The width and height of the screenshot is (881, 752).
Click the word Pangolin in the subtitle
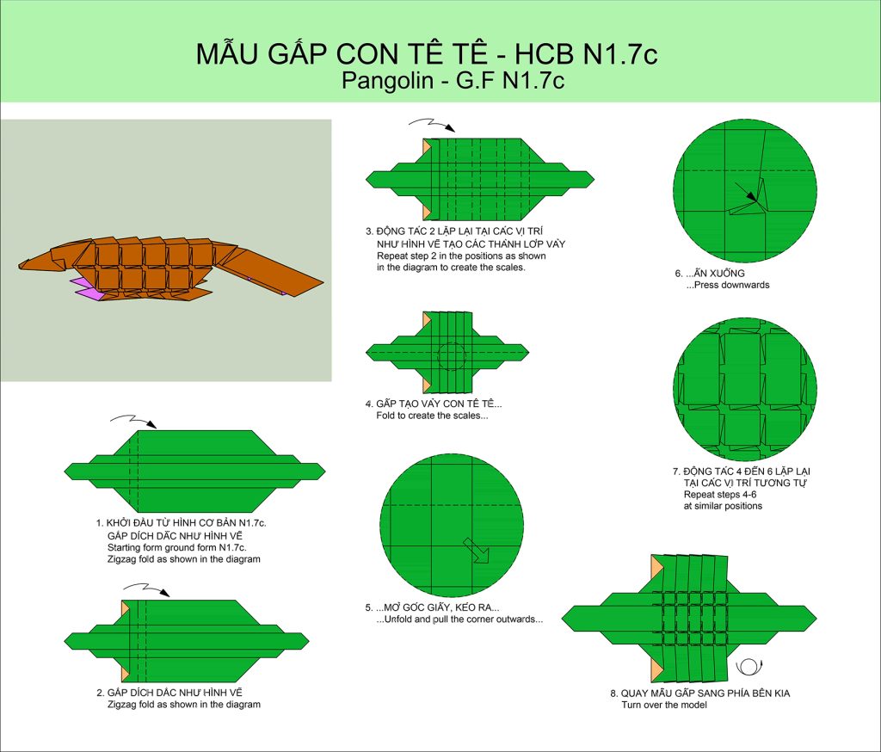tap(387, 80)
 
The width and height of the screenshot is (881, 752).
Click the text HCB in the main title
tap(544, 54)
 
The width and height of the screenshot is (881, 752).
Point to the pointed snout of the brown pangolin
tap(22, 264)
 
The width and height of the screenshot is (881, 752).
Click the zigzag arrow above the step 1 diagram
tap(133, 421)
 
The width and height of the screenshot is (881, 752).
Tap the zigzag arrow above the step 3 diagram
tap(432, 125)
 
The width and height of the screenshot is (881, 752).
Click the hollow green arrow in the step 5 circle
tap(477, 550)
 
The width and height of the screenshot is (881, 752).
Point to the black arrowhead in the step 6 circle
tap(753, 196)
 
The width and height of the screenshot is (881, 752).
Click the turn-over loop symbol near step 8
tap(748, 667)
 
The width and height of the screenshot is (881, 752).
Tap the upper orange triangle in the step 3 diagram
tap(427, 146)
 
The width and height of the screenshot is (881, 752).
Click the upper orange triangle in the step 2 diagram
tap(126, 608)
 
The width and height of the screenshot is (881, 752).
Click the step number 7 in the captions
tap(676, 472)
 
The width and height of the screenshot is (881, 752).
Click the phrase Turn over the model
tap(664, 705)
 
